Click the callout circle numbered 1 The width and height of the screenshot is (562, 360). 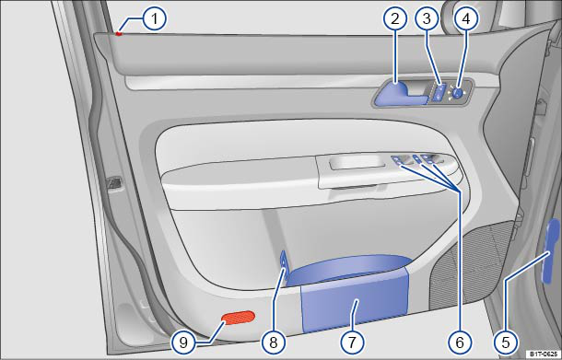click(154, 18)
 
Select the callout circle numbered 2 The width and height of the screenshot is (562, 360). click(394, 18)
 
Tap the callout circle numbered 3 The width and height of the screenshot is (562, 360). click(427, 18)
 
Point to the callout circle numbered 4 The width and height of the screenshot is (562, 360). click(465, 18)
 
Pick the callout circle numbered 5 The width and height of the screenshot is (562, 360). click(505, 342)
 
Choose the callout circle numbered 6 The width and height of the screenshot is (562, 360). click(459, 342)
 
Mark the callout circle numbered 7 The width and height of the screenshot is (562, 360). click(352, 342)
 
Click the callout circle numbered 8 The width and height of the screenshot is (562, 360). click(274, 342)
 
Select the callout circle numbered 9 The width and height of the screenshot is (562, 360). click(183, 342)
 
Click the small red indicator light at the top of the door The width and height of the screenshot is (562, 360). click(119, 34)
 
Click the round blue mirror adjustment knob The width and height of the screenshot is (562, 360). click(457, 93)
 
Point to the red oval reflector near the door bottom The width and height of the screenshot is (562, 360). click(238, 317)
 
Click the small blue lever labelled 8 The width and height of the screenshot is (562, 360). click(284, 268)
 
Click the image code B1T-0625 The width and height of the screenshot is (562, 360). click(544, 354)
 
